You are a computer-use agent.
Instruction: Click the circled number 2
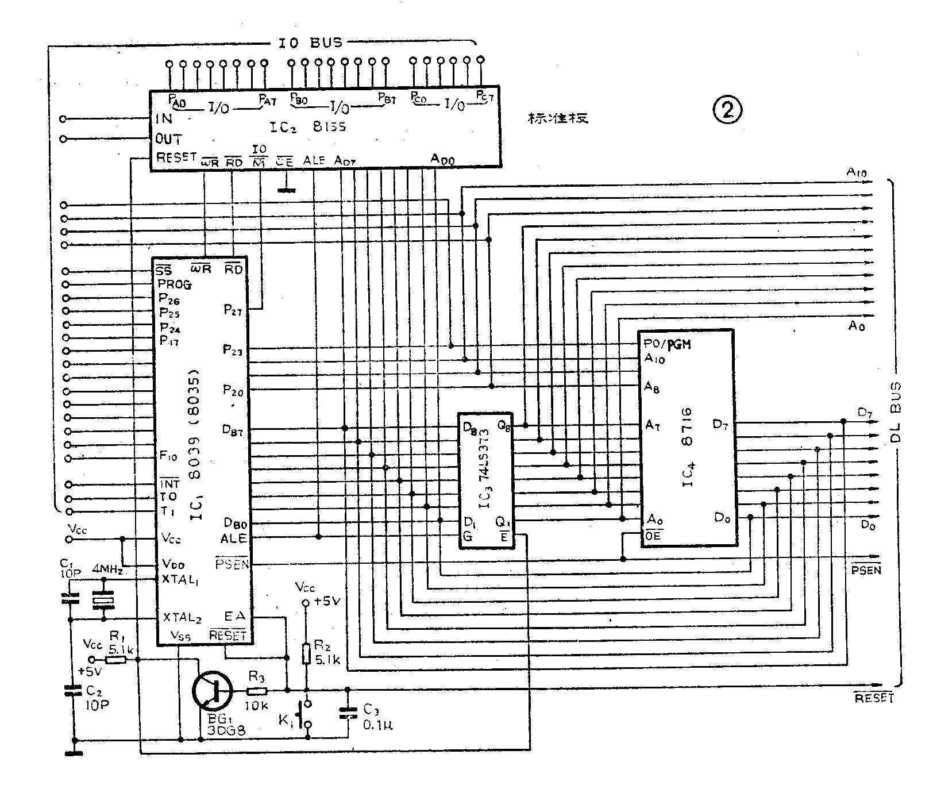(727, 109)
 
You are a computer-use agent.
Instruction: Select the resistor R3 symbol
(257, 690)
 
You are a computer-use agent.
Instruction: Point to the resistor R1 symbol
(116, 660)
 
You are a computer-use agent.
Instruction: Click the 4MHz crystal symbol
(103, 601)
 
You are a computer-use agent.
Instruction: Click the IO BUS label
(310, 43)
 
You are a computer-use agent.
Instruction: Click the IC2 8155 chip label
(308, 126)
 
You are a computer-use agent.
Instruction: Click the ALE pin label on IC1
(233, 538)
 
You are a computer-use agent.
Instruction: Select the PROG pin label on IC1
(175, 284)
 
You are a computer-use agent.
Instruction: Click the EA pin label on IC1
(235, 616)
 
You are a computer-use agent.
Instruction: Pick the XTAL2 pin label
(182, 617)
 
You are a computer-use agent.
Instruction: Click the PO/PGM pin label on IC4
(667, 345)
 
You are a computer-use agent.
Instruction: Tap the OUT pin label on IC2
(168, 139)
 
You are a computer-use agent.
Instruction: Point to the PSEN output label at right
(866, 569)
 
